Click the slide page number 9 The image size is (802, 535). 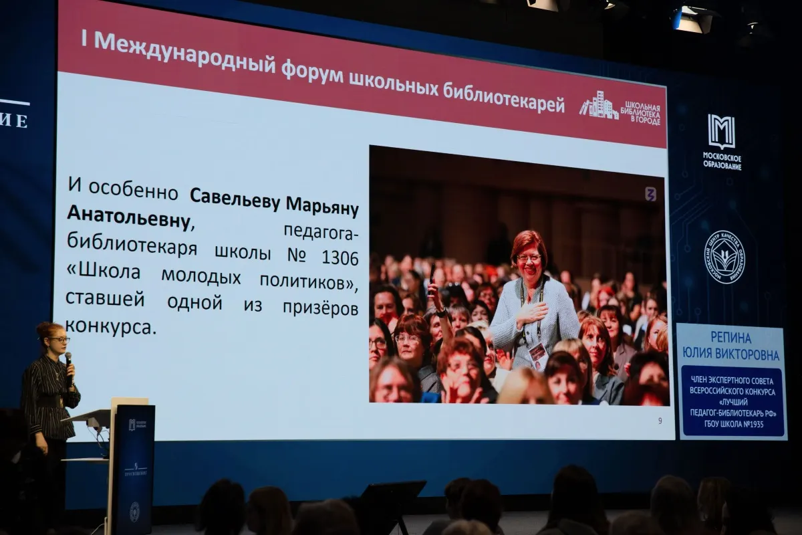click(660, 421)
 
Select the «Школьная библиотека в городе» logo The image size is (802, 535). click(620, 108)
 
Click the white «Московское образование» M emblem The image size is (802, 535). click(721, 131)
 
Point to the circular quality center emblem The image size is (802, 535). click(724, 257)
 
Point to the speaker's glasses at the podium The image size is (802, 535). click(59, 340)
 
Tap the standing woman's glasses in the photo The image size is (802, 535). click(528, 256)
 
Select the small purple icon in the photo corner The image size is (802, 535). click(650, 194)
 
